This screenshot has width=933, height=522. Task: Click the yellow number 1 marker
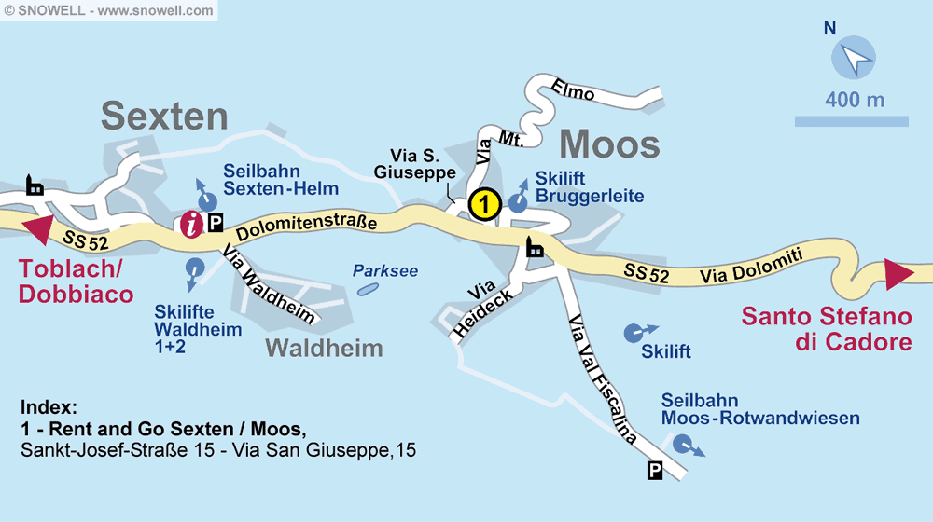coord(484,203)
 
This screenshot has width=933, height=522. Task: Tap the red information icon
coord(192,224)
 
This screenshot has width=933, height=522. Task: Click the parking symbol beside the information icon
coord(216,223)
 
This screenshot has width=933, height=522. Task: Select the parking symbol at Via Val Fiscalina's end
coord(655,472)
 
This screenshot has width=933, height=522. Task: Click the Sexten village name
coord(164,117)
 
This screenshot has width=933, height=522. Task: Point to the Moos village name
coord(609,144)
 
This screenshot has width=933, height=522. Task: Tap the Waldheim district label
coord(324,349)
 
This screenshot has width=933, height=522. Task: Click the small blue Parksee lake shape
coord(368,289)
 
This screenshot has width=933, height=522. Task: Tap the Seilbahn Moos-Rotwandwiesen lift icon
coord(685,444)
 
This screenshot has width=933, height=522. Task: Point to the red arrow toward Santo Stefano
coord(898,274)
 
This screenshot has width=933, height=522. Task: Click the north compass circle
coord(854,59)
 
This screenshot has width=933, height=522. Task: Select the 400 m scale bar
coord(851,121)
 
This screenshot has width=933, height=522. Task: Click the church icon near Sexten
coord(35,185)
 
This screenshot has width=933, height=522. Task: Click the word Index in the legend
coord(48,407)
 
